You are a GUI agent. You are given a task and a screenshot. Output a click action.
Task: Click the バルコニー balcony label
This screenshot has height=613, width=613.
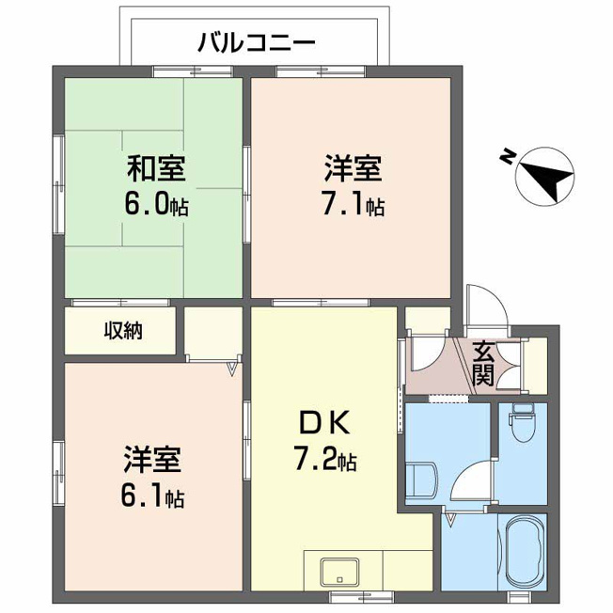(x=257, y=42)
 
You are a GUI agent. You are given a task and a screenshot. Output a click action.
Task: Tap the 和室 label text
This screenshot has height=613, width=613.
(x=156, y=168)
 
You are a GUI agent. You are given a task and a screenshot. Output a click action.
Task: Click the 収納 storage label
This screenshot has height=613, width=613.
(x=123, y=331)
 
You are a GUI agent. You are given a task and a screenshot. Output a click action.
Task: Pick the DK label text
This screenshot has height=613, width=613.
(x=324, y=423)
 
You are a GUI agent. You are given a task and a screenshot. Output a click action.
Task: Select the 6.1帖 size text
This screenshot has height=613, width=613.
(x=153, y=495)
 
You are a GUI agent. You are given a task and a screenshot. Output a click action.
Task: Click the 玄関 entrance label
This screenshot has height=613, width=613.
(x=483, y=364)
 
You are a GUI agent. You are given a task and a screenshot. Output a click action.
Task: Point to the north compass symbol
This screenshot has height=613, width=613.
(x=544, y=176)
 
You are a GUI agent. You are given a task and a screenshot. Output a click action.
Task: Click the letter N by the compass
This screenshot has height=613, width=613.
(x=507, y=156)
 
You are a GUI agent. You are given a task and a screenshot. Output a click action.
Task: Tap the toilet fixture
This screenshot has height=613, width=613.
(x=522, y=422)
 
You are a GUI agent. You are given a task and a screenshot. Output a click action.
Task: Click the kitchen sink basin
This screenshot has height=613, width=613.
(x=339, y=572)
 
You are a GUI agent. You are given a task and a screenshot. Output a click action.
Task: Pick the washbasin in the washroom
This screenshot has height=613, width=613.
(x=421, y=480)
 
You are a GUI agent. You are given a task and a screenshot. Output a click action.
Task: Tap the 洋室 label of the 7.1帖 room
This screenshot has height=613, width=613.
(x=353, y=168)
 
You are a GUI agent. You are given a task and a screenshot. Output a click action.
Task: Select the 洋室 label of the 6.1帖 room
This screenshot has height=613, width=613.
(x=153, y=460)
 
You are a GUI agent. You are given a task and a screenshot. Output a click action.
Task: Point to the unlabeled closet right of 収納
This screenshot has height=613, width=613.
(x=213, y=334)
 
